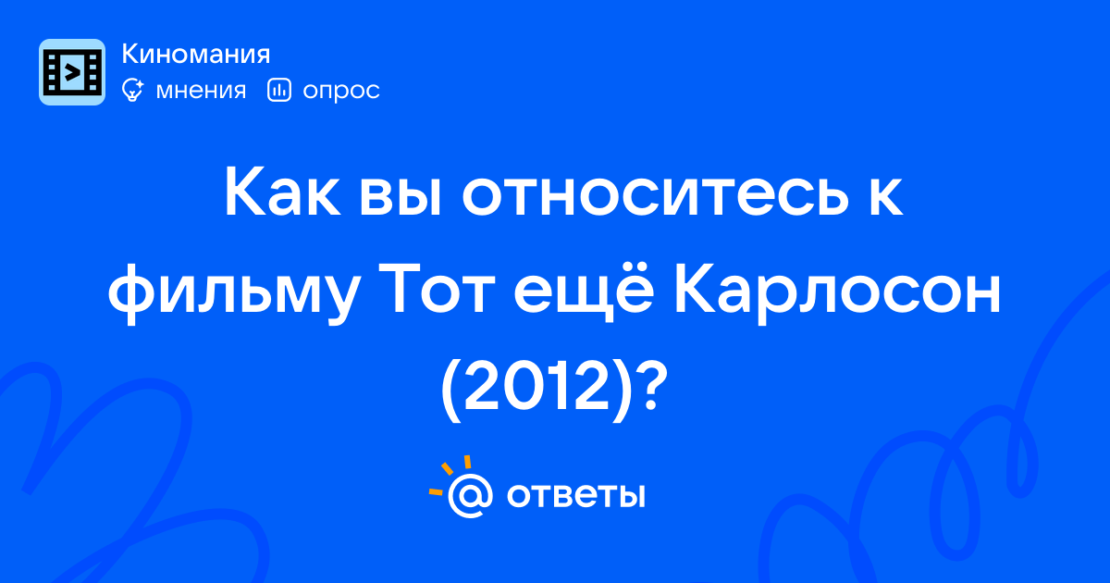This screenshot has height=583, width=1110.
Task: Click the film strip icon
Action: (72, 72)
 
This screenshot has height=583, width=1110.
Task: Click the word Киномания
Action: (196, 54)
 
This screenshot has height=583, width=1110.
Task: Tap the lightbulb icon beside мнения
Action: (132, 90)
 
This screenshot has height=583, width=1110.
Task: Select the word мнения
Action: (201, 91)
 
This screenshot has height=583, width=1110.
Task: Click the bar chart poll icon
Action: (279, 90)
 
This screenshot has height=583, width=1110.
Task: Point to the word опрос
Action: (341, 92)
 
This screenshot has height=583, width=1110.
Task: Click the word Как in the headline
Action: (282, 192)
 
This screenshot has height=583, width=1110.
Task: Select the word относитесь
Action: (655, 193)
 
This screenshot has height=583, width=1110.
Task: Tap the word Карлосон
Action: (837, 292)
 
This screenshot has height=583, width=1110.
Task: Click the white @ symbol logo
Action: (470, 495)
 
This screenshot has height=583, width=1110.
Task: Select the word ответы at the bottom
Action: (575, 496)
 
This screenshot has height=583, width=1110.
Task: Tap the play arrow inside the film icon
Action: (72, 73)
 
